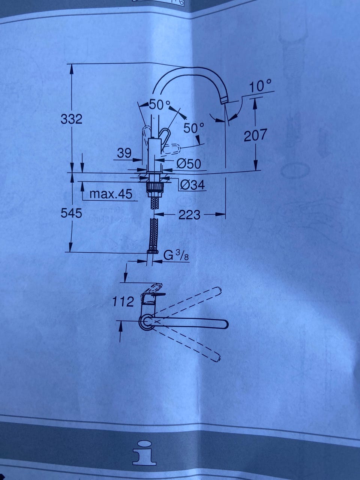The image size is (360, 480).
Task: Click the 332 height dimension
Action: click(x=72, y=120)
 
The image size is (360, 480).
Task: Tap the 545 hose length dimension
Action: click(x=72, y=213)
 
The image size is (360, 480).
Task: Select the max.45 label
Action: click(x=111, y=194)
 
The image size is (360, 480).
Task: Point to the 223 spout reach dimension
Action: click(x=189, y=215)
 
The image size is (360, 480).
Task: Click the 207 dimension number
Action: click(x=255, y=135)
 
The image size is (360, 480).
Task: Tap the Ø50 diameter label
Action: click(x=188, y=163)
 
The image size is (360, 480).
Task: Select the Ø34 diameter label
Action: click(x=192, y=185)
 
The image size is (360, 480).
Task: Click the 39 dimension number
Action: click(x=124, y=153)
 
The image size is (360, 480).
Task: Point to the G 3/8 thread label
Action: click(x=176, y=256)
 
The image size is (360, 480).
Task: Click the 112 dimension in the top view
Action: click(x=123, y=302)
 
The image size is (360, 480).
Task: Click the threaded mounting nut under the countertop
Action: click(x=155, y=188)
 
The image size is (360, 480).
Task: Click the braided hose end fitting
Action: click(x=152, y=250)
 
